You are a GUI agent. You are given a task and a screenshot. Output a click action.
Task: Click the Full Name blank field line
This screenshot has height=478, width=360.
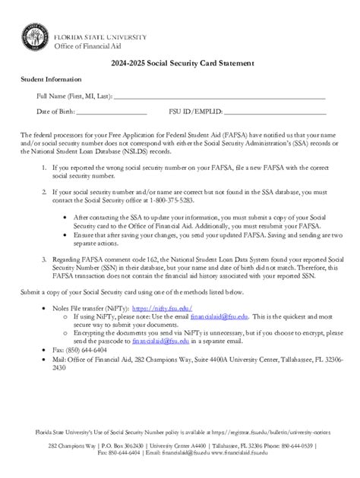coord(220,97)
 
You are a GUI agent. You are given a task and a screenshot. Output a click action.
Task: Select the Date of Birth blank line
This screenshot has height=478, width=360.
coord(112,112)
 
